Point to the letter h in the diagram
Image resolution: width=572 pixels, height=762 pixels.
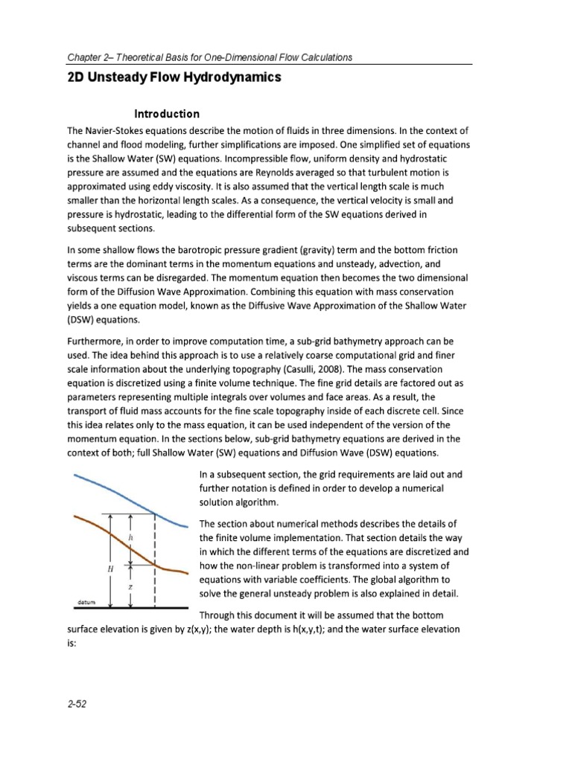pos(130,536)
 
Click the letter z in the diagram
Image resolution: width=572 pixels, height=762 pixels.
pos(131,586)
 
